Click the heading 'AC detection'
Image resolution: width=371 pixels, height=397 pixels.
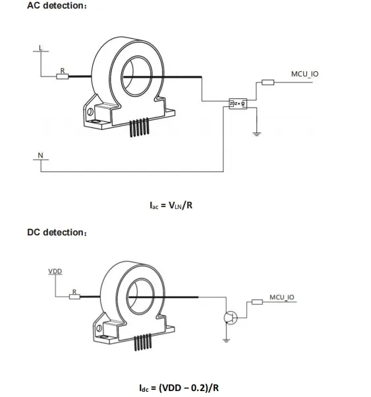coord(57,7)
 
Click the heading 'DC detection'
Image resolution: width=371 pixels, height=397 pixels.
coord(57,233)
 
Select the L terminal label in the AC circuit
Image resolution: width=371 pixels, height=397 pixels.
coord(41,47)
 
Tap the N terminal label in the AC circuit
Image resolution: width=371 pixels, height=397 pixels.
coord(40,156)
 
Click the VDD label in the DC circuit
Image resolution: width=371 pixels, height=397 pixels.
coord(55,272)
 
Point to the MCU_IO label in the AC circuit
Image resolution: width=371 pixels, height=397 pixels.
coord(304,74)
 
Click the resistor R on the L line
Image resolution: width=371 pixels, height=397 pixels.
coord(63,76)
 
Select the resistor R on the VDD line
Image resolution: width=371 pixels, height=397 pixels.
coord(74,297)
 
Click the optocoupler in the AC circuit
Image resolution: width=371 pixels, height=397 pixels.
coord(237,104)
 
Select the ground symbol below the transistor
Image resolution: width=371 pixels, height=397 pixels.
coord(226,340)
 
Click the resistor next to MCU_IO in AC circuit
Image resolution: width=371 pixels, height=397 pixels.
coord(268,82)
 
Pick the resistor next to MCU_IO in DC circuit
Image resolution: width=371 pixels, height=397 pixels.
coord(257,303)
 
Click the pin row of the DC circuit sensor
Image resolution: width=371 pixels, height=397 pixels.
coord(143,343)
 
